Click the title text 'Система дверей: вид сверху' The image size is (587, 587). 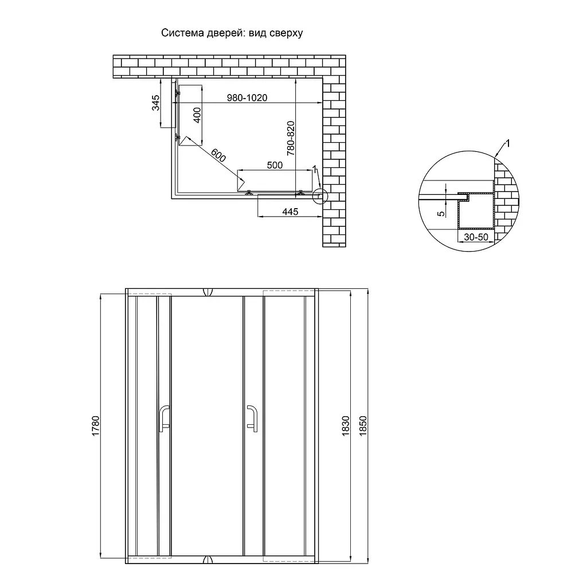pos(232,33)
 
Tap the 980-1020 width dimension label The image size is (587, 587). pos(247,97)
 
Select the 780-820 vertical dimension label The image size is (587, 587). pos(291,138)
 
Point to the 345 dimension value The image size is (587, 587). pos(155,103)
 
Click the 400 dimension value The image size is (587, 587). pos(197,115)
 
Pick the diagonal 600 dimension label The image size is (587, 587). pos(218,155)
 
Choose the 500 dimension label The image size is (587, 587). pos(275,165)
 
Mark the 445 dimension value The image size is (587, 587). pos(290,212)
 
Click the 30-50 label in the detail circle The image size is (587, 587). pos(476,237)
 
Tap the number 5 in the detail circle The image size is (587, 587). pos(441,214)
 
